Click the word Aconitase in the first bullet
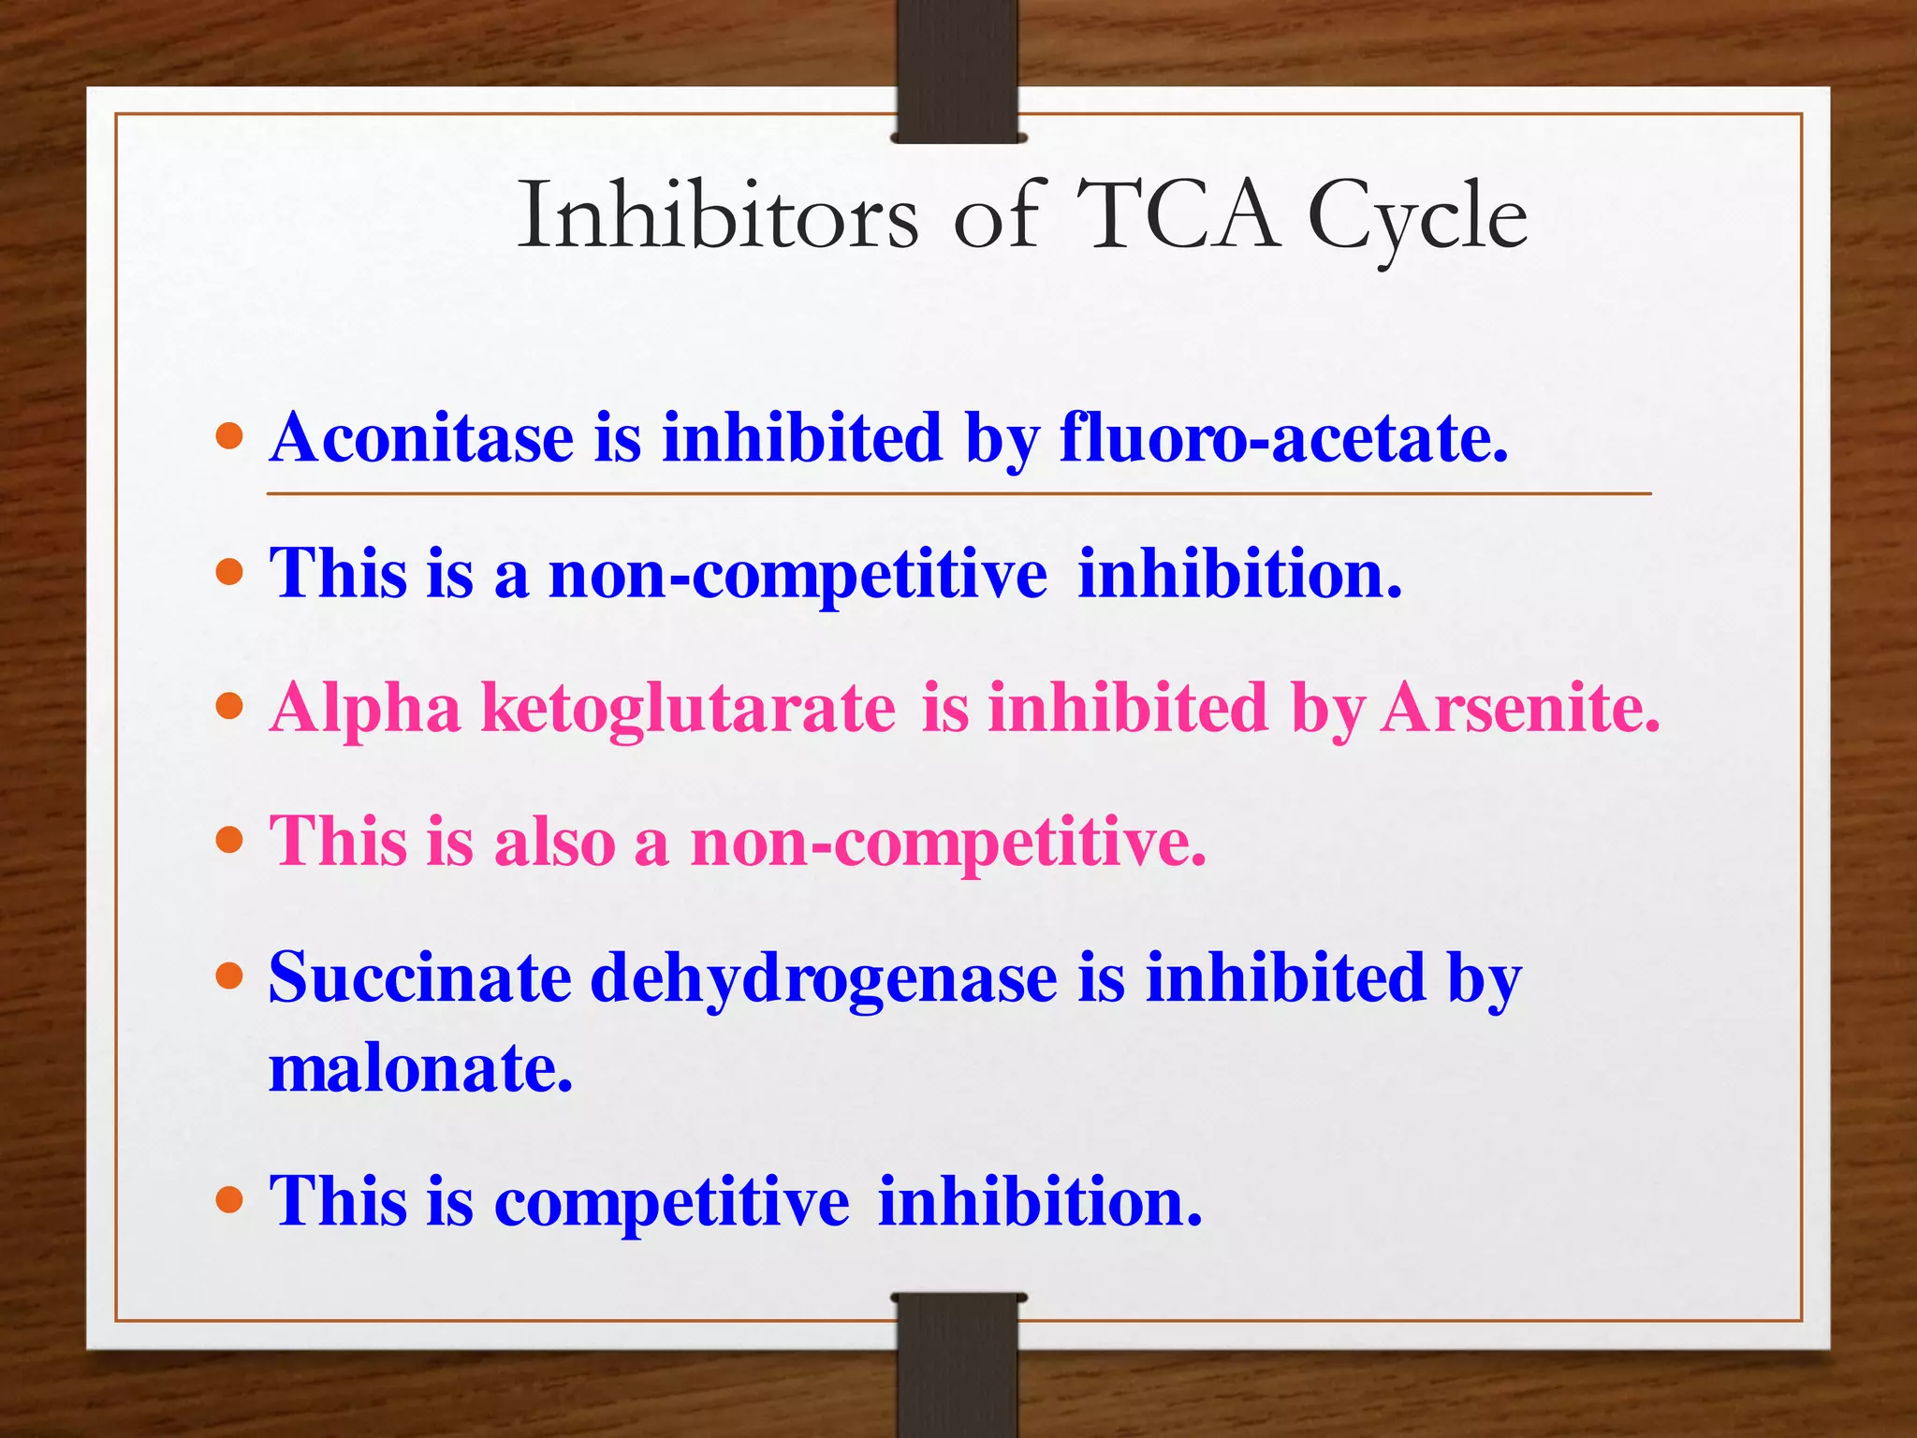421,437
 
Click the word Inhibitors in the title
718,216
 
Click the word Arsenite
1520,707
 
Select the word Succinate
420,977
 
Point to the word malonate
420,1068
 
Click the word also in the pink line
554,842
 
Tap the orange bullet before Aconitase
229,436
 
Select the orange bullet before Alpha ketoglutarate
229,706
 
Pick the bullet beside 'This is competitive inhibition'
229,1199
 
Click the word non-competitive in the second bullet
798,574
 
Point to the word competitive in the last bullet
671,1201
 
